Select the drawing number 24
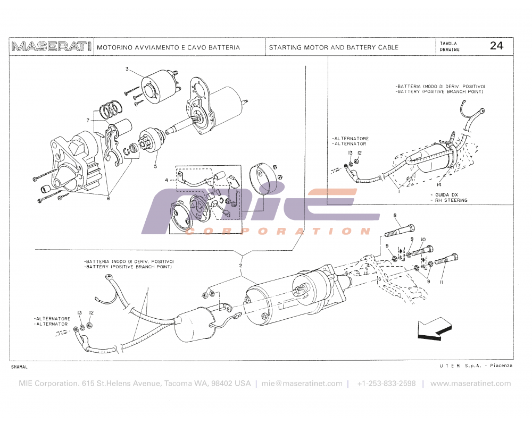pyautogui.click(x=496, y=46)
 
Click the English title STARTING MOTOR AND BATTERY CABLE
pyautogui.click(x=334, y=47)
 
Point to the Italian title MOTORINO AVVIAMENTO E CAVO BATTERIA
pyautogui.click(x=168, y=47)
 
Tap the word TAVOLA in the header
pyautogui.click(x=448, y=43)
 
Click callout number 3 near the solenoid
pyautogui.click(x=127, y=69)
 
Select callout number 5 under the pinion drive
pyautogui.click(x=156, y=166)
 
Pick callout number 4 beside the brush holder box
pyautogui.click(x=166, y=180)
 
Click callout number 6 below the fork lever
pyautogui.click(x=108, y=198)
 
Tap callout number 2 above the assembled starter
pyautogui.click(x=240, y=265)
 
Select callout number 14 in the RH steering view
pyautogui.click(x=439, y=184)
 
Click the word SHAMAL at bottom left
pyautogui.click(x=19, y=367)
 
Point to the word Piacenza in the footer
pyautogui.click(x=501, y=366)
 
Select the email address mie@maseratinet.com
pyautogui.click(x=302, y=384)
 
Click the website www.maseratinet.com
pyautogui.click(x=470, y=384)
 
